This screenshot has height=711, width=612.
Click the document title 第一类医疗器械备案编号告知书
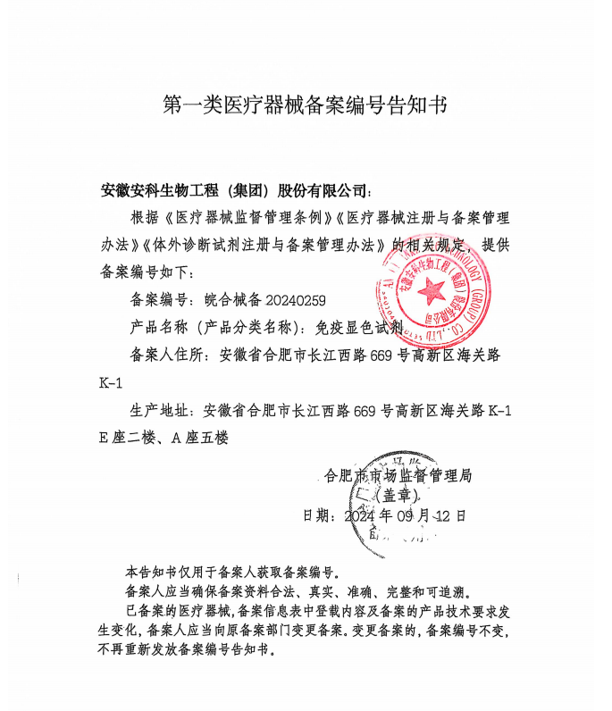(304, 105)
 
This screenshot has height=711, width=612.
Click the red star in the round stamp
(432, 289)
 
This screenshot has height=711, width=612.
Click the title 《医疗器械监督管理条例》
(249, 217)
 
